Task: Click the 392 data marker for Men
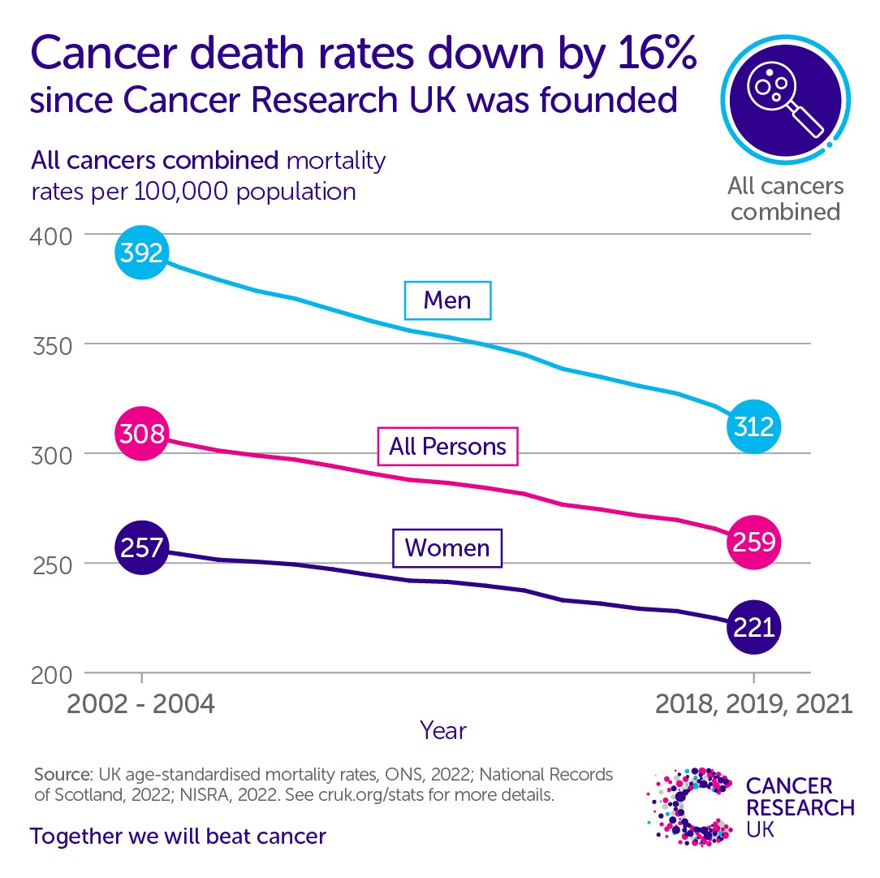pyautogui.click(x=142, y=253)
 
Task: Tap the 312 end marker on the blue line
pyautogui.click(x=754, y=426)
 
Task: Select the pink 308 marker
pyautogui.click(x=142, y=434)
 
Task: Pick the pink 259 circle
pyautogui.click(x=754, y=542)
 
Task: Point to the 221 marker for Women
pyautogui.click(x=754, y=627)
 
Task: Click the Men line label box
pyautogui.click(x=448, y=301)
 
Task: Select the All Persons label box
pyautogui.click(x=448, y=446)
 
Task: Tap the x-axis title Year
pyautogui.click(x=443, y=730)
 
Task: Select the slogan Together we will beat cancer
pyautogui.click(x=178, y=837)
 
